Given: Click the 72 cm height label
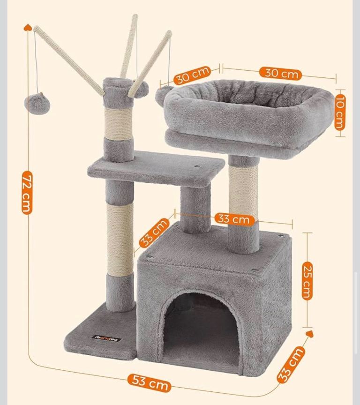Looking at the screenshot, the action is pos(27,192).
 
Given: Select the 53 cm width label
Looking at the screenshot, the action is pos(149,382).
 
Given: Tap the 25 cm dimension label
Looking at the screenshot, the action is pos(307,281).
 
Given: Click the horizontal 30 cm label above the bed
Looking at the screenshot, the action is pos(280,73).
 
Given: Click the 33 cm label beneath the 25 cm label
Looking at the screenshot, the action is pos(291,365).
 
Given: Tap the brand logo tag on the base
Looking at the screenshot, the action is pos(108,338).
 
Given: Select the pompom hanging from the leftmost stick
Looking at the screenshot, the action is pos(37,104).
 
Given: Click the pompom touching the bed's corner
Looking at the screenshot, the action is pos(161,94).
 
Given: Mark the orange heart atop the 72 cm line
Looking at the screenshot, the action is pos(28,27).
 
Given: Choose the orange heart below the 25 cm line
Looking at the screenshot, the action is pos(309,333).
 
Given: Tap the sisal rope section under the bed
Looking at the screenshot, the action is pos(243,192).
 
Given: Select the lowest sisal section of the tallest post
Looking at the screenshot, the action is pos(120,239).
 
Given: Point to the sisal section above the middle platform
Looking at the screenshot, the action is pos(119,123).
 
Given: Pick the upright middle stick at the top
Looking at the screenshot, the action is pos(129,46).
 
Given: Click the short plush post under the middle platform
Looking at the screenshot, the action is pos(195,209).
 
